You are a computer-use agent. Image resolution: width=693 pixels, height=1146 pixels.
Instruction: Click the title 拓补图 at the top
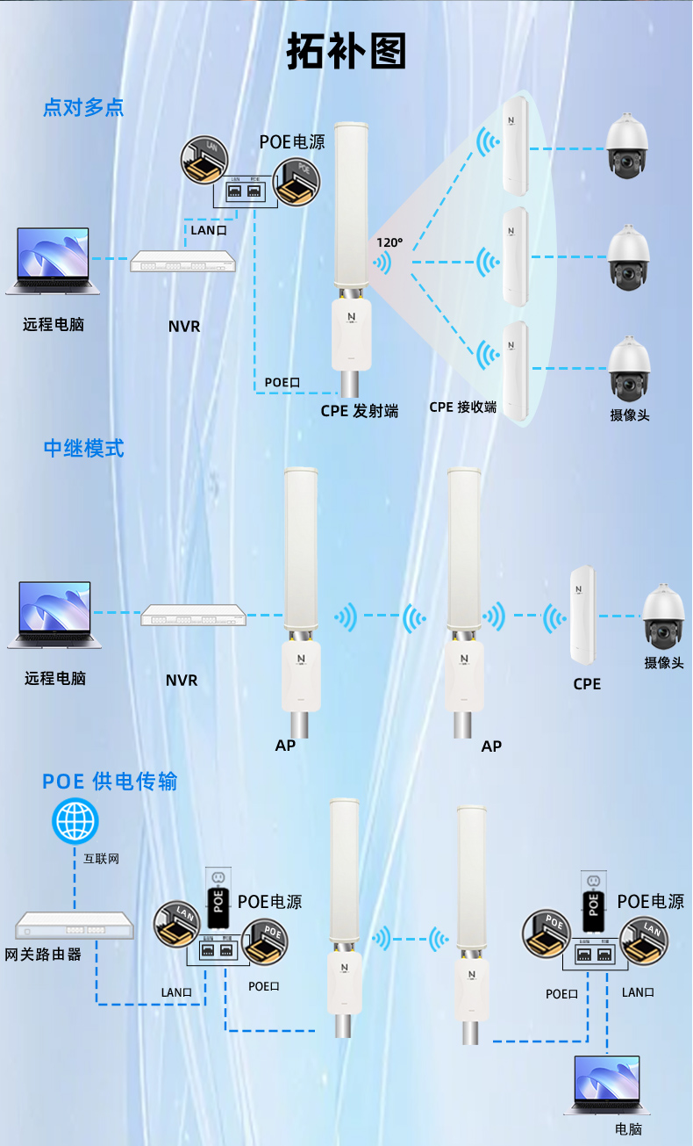point(346,54)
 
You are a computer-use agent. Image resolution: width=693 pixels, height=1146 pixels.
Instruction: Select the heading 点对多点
point(83,107)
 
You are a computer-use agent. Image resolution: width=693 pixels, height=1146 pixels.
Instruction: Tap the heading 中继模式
point(83,448)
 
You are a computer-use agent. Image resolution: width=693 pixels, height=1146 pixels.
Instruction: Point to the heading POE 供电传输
point(110,781)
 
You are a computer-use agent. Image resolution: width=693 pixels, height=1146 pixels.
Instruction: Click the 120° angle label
point(389,242)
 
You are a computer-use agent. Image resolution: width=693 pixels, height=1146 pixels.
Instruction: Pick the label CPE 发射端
point(359,410)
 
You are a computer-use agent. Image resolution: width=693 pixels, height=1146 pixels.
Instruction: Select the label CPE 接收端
point(462,407)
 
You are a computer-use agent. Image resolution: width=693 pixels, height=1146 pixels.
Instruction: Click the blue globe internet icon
point(75,822)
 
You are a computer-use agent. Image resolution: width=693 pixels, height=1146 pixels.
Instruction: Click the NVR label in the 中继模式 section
point(182,680)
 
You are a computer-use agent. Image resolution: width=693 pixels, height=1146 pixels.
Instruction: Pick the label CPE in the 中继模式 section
point(587,683)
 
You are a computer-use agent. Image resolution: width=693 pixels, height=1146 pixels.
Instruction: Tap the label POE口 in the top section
point(282,382)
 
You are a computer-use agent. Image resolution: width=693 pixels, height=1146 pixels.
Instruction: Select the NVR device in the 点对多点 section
point(184,261)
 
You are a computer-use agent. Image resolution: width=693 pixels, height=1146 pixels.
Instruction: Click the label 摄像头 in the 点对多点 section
point(630,414)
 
